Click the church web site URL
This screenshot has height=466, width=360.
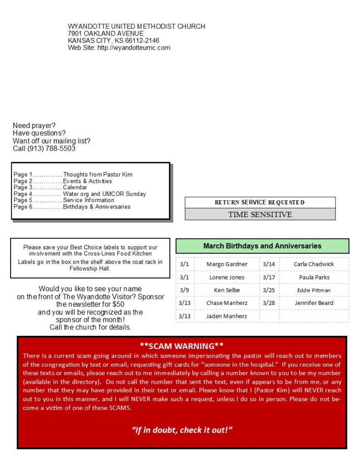tap(134, 48)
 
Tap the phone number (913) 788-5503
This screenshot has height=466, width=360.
tap(51, 149)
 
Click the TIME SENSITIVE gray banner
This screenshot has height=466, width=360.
tap(260, 214)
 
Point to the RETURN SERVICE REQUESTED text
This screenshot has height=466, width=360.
tap(260, 203)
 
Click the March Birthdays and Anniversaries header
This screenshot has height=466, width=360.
tap(262, 246)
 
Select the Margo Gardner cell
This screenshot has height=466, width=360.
tap(227, 264)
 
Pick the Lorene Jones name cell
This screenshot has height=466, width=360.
tap(227, 277)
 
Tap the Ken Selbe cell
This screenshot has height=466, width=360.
tap(227, 290)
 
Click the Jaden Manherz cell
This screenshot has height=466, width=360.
tap(227, 316)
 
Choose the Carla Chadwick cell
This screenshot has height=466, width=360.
tap(314, 264)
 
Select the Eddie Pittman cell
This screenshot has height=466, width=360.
tap(314, 290)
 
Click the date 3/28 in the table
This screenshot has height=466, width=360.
tap(269, 303)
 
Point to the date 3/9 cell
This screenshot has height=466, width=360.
tap(184, 290)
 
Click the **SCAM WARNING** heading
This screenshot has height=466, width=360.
tap(182, 345)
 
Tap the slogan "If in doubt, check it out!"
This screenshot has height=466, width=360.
tap(182, 430)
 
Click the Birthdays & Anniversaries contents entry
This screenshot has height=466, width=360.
tap(96, 207)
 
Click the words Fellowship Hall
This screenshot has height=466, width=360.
tap(90, 268)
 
